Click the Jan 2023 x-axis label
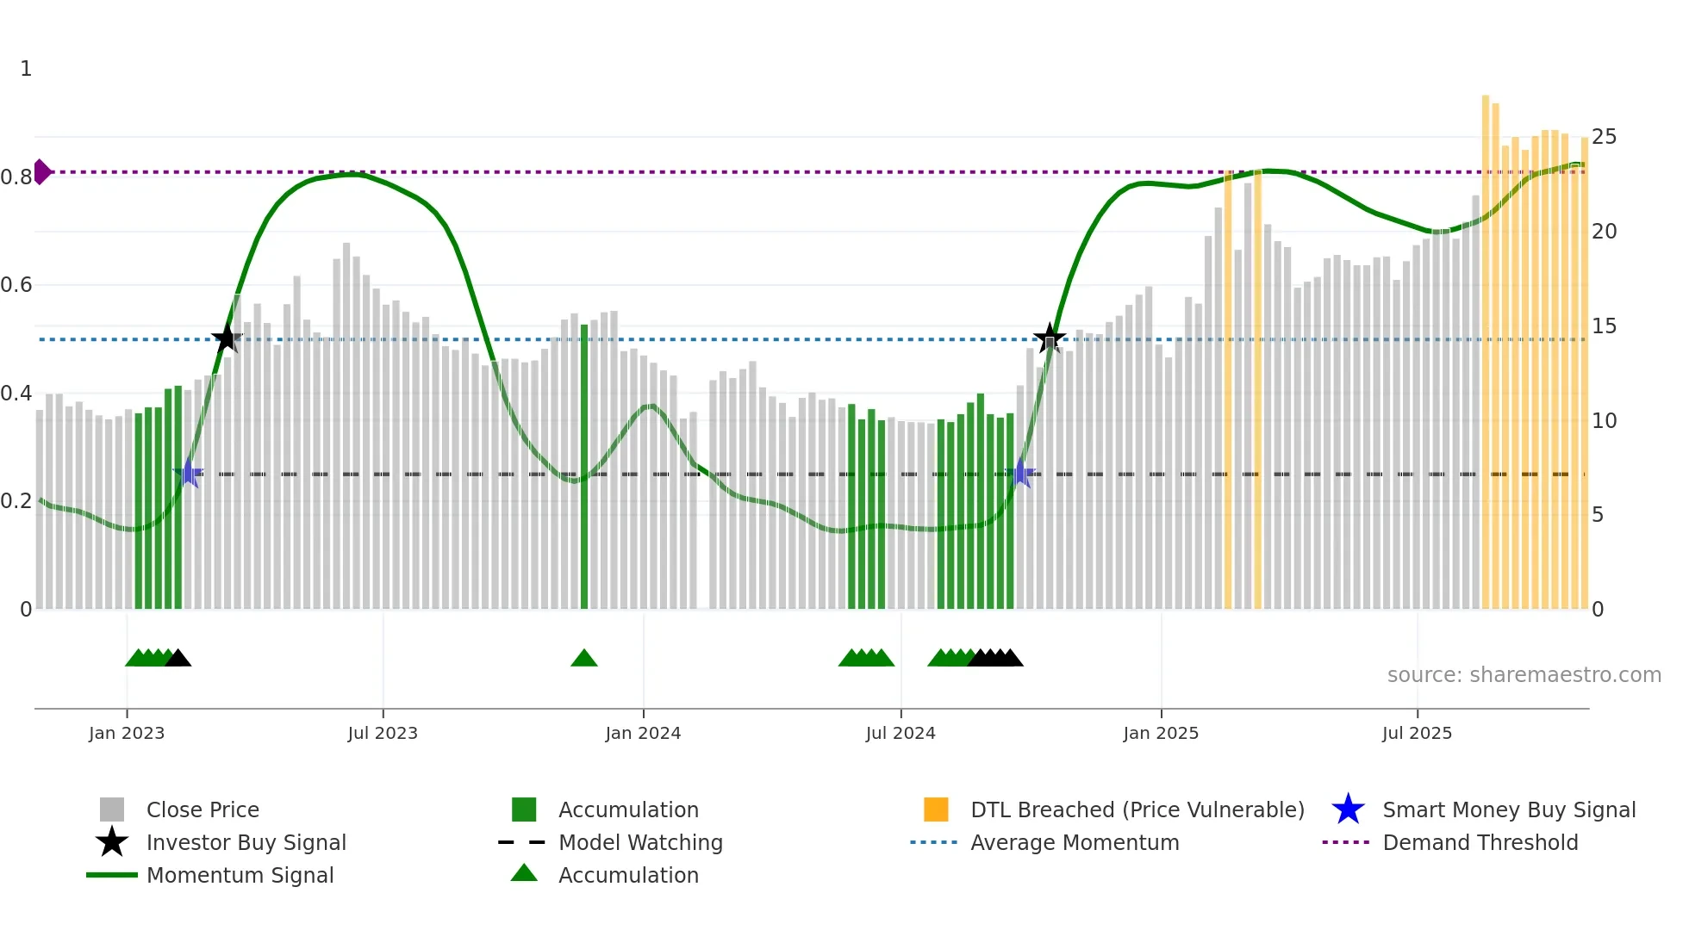(126, 733)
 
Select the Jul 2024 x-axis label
(901, 733)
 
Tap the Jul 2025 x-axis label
(1417, 733)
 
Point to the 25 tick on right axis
(1604, 137)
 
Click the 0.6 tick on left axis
(16, 285)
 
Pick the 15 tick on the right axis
(1604, 326)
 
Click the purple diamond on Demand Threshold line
(41, 172)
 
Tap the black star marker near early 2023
(227, 339)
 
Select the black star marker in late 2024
(1049, 338)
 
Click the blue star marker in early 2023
(189, 474)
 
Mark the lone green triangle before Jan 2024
(584, 659)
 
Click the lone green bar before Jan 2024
(584, 465)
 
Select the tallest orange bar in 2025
(1486, 344)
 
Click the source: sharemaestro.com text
(1524, 675)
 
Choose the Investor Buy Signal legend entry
(246, 842)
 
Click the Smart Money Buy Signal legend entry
(1508, 809)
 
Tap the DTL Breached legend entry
(1137, 809)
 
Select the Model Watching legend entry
(639, 842)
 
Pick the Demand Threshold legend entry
(1480, 842)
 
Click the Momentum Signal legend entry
(240, 875)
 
